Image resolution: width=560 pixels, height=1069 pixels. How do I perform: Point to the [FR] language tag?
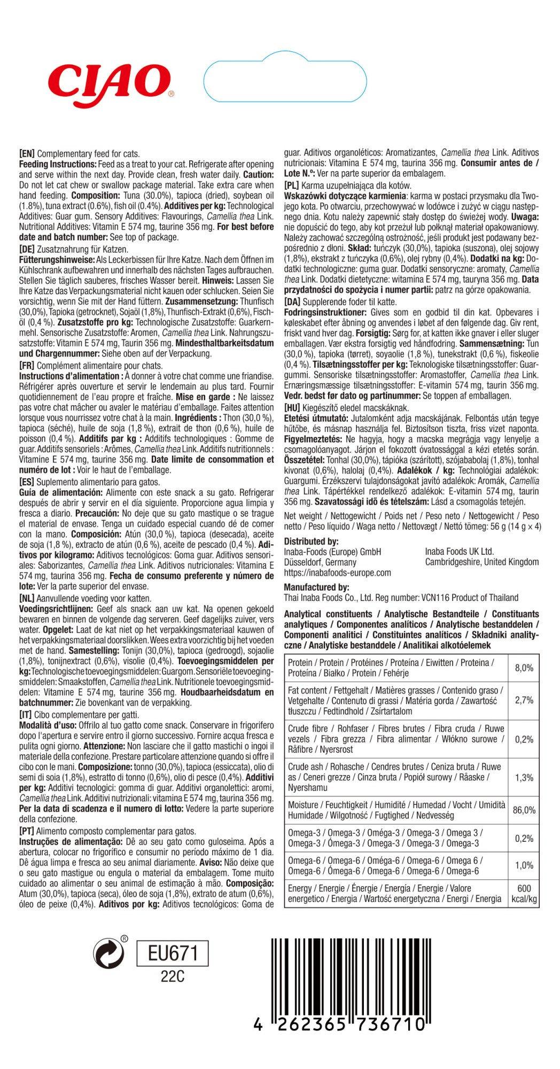27,366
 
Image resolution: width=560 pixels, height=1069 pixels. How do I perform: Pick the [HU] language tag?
292,408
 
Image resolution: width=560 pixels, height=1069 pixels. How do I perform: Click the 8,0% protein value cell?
524,668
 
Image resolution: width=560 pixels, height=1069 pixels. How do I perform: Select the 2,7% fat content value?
524,700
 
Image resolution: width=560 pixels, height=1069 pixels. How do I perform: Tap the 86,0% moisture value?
524,810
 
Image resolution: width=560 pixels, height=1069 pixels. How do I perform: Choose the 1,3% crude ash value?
524,777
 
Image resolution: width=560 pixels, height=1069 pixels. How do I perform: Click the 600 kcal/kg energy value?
524,894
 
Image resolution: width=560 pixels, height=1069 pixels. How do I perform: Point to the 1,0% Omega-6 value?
524,865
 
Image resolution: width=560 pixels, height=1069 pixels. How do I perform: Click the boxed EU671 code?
172,953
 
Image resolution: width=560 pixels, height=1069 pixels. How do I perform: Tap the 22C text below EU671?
172,977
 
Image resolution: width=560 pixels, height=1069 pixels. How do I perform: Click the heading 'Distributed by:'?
311,541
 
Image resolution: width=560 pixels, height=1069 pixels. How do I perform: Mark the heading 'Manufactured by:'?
316,587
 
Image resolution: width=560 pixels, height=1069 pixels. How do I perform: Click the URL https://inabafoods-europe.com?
337,572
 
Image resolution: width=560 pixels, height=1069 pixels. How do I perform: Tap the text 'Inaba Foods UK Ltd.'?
459,551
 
